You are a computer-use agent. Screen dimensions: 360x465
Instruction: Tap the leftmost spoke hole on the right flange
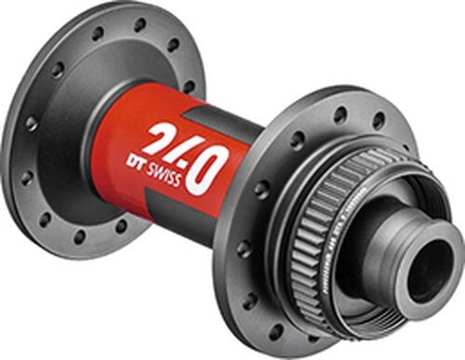pos(245,249)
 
